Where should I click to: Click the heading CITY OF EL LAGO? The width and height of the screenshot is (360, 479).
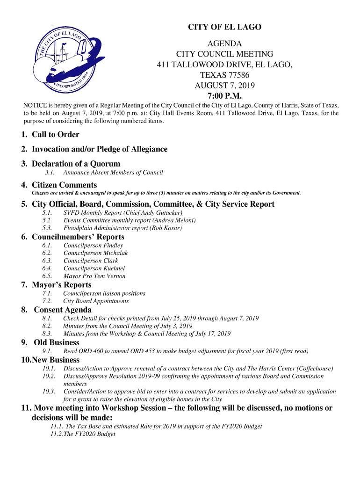point(224,27)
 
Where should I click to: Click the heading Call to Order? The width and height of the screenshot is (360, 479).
point(55,135)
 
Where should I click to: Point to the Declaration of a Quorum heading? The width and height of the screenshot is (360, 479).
point(76,164)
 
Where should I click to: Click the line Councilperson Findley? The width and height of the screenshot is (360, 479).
point(93,246)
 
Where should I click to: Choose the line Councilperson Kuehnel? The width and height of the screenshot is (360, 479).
point(94,269)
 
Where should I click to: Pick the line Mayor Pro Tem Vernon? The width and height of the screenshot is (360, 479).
point(94,276)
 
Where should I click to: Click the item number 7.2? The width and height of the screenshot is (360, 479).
point(47,301)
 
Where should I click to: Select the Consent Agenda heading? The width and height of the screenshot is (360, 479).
point(63,310)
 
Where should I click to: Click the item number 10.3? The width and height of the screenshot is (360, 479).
point(49,392)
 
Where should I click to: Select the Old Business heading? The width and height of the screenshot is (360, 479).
point(57,343)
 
